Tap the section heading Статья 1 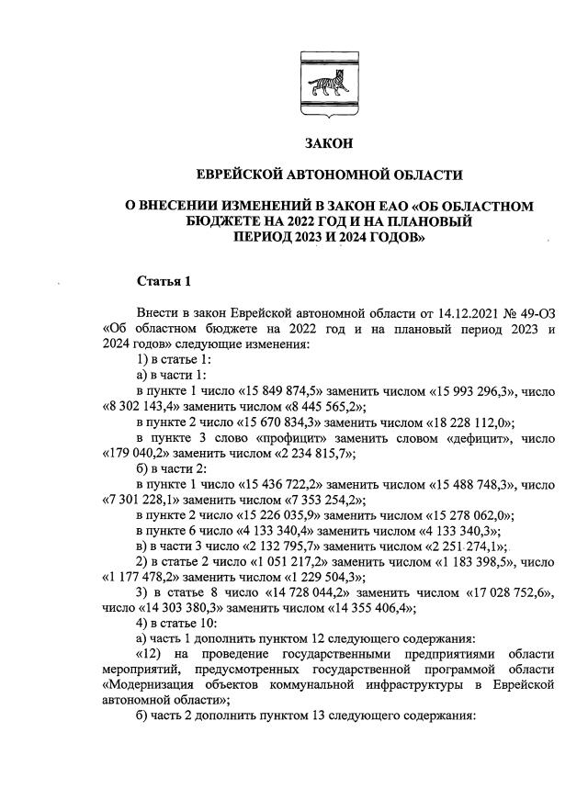(x=164, y=280)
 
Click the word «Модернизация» (x=152, y=687)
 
